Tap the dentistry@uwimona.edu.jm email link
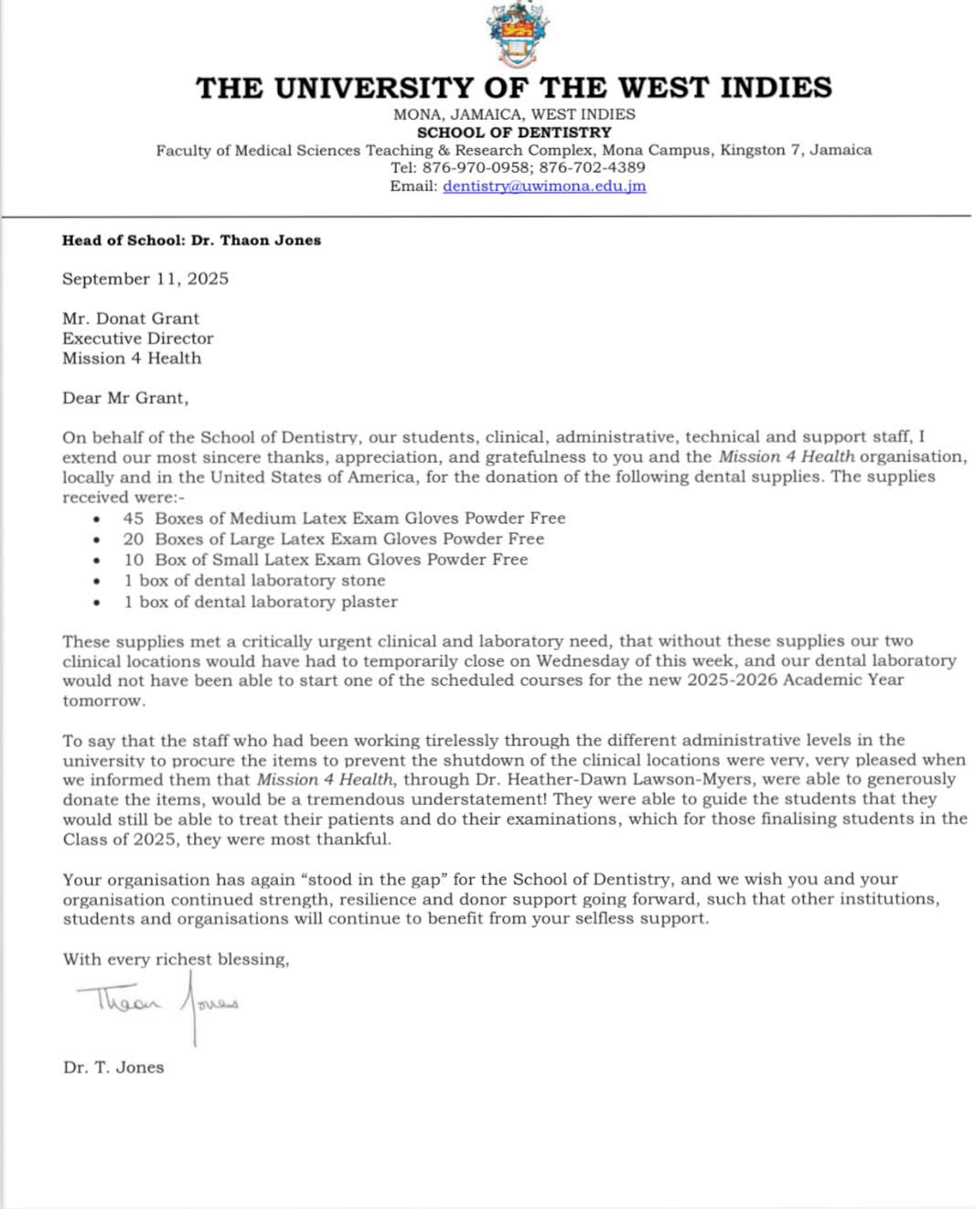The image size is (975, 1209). [x=544, y=186]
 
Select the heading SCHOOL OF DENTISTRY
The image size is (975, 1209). [x=514, y=132]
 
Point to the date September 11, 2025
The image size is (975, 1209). [x=145, y=279]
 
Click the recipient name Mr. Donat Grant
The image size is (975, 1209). [x=131, y=318]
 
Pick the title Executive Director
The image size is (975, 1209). [x=138, y=338]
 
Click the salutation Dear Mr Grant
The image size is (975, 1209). [x=125, y=398]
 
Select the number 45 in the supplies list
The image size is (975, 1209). [x=134, y=518]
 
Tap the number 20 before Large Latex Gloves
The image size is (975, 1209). [x=134, y=539]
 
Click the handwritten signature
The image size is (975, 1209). [x=157, y=1003]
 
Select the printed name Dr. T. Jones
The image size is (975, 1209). [x=113, y=1067]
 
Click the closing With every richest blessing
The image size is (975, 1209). [x=176, y=959]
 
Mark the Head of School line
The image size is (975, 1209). [x=191, y=241]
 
